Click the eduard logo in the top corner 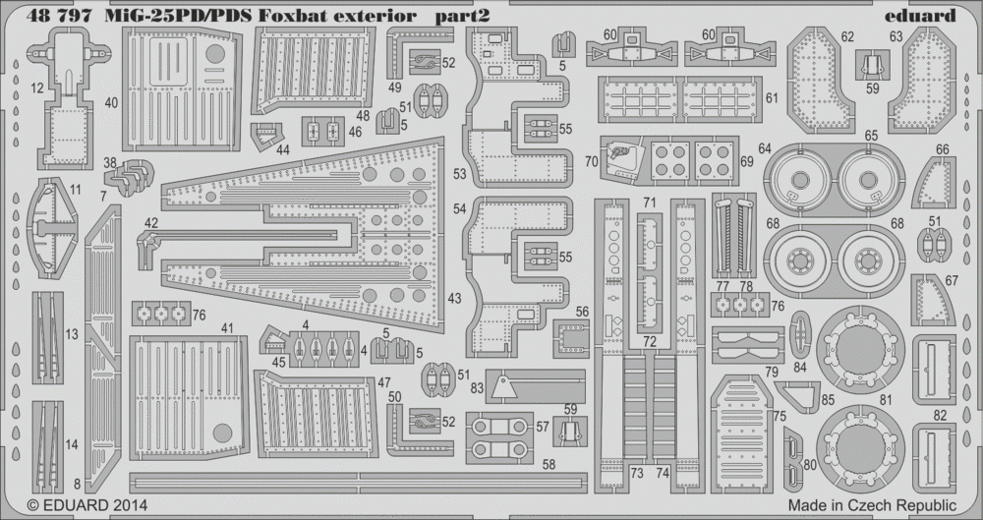(x=920, y=15)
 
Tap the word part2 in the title (x=462, y=17)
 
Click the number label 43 (x=454, y=300)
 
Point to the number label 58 (x=549, y=465)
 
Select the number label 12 (x=36, y=88)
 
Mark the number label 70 (x=591, y=161)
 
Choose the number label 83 (x=477, y=388)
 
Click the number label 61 (x=771, y=97)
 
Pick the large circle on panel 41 (x=222, y=433)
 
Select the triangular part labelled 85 (x=799, y=394)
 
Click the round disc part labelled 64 (x=799, y=180)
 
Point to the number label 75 (x=780, y=417)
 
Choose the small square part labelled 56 (x=571, y=339)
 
